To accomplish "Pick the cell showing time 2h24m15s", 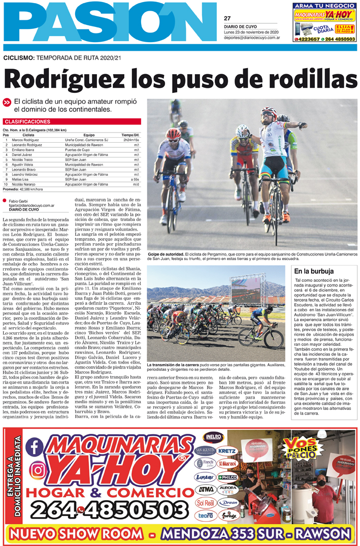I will coord(131,140).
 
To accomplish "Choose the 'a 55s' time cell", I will coord(135,179).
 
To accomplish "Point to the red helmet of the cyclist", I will coord(174,133).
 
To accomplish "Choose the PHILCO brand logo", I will coord(226,477).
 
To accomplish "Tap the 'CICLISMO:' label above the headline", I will coord(18,58).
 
